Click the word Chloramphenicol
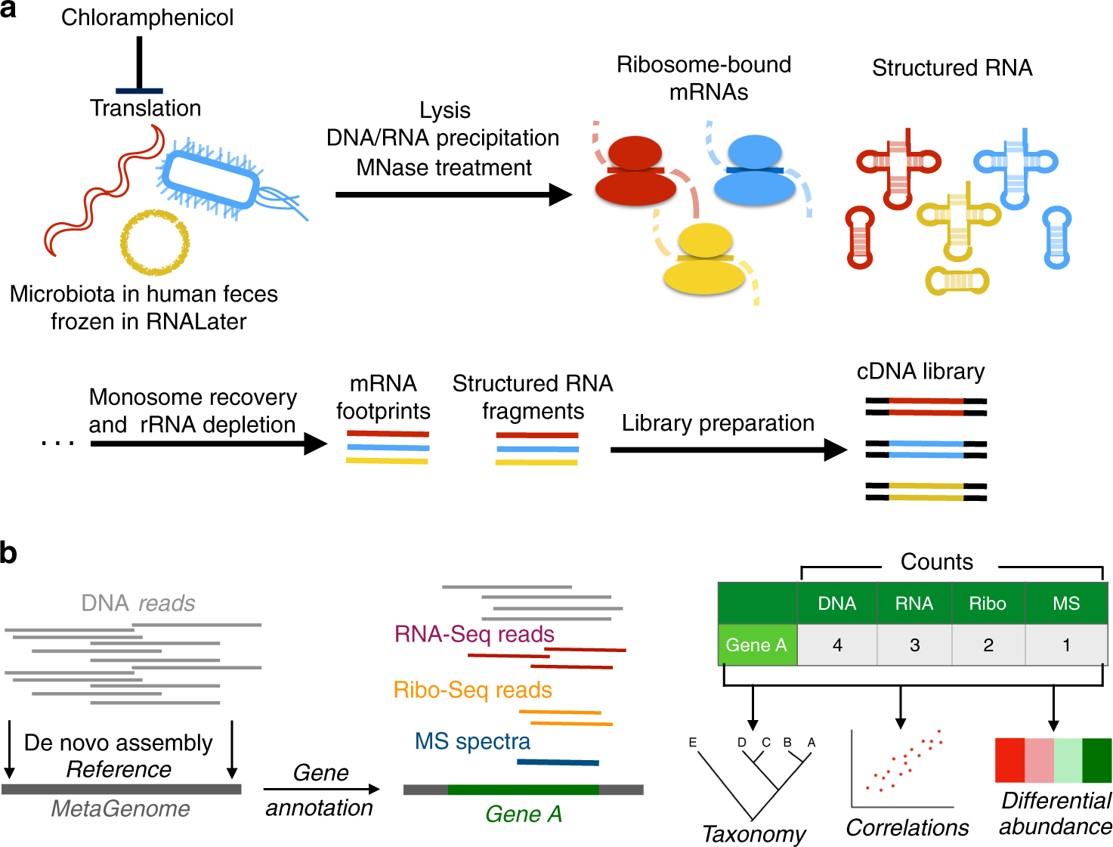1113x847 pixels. coord(147,17)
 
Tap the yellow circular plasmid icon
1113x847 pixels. coord(155,243)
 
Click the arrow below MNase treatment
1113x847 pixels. coord(453,195)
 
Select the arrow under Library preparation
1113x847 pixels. coord(728,450)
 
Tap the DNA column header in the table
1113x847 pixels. coord(837,604)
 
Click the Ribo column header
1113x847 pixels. coord(988,604)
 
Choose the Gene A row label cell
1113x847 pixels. coord(756,645)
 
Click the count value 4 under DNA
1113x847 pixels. coord(837,645)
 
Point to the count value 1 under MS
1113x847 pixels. coord(1066,645)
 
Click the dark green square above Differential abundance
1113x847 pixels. coord(1097,760)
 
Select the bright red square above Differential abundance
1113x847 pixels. coord(1009,760)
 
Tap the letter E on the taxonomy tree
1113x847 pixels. coord(692,743)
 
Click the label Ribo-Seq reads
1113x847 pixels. coord(473,690)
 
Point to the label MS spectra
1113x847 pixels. coord(473,741)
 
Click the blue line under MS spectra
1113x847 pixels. coord(558,762)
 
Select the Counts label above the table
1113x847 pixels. coord(937,562)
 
